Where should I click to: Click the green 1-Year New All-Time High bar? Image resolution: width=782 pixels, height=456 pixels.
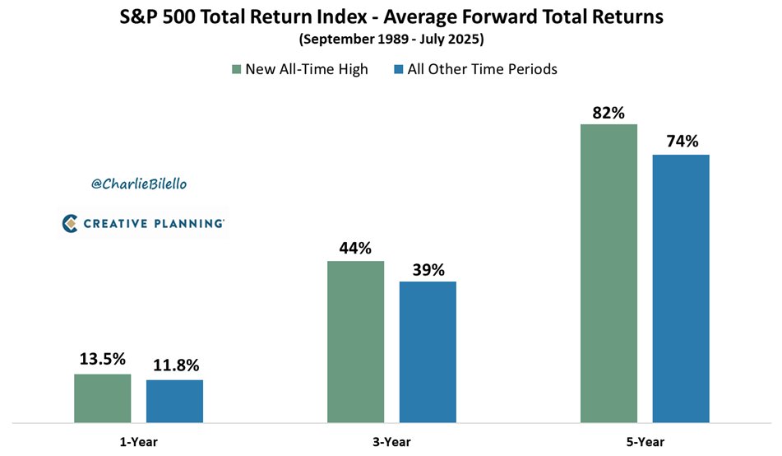[103, 398]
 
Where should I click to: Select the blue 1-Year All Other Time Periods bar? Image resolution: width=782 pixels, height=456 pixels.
[174, 402]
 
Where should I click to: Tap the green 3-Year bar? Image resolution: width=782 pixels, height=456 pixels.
[355, 342]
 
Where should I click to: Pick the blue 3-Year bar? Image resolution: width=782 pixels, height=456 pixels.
[428, 352]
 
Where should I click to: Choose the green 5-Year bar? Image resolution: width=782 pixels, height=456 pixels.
[608, 273]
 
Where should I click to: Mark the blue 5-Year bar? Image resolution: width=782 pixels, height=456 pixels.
[681, 289]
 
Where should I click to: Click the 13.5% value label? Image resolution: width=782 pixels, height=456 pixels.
[103, 359]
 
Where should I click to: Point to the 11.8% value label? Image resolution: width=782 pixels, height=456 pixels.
[174, 365]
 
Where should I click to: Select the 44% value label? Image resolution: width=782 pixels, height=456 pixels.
[355, 246]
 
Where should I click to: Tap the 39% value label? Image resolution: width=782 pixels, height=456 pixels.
[428, 268]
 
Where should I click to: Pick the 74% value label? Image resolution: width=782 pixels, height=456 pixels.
[681, 141]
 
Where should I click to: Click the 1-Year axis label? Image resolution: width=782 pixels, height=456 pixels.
[137, 441]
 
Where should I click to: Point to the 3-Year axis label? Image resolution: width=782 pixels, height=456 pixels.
[391, 441]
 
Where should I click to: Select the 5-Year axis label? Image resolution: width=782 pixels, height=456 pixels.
[644, 441]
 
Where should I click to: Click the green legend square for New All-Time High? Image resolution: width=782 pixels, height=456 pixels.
[237, 70]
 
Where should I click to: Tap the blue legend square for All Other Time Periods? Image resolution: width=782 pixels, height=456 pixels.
[399, 70]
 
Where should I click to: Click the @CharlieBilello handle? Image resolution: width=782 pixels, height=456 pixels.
[139, 184]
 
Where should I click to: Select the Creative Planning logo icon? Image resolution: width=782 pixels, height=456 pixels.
[70, 222]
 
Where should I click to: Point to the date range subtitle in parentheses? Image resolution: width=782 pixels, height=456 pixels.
[391, 39]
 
